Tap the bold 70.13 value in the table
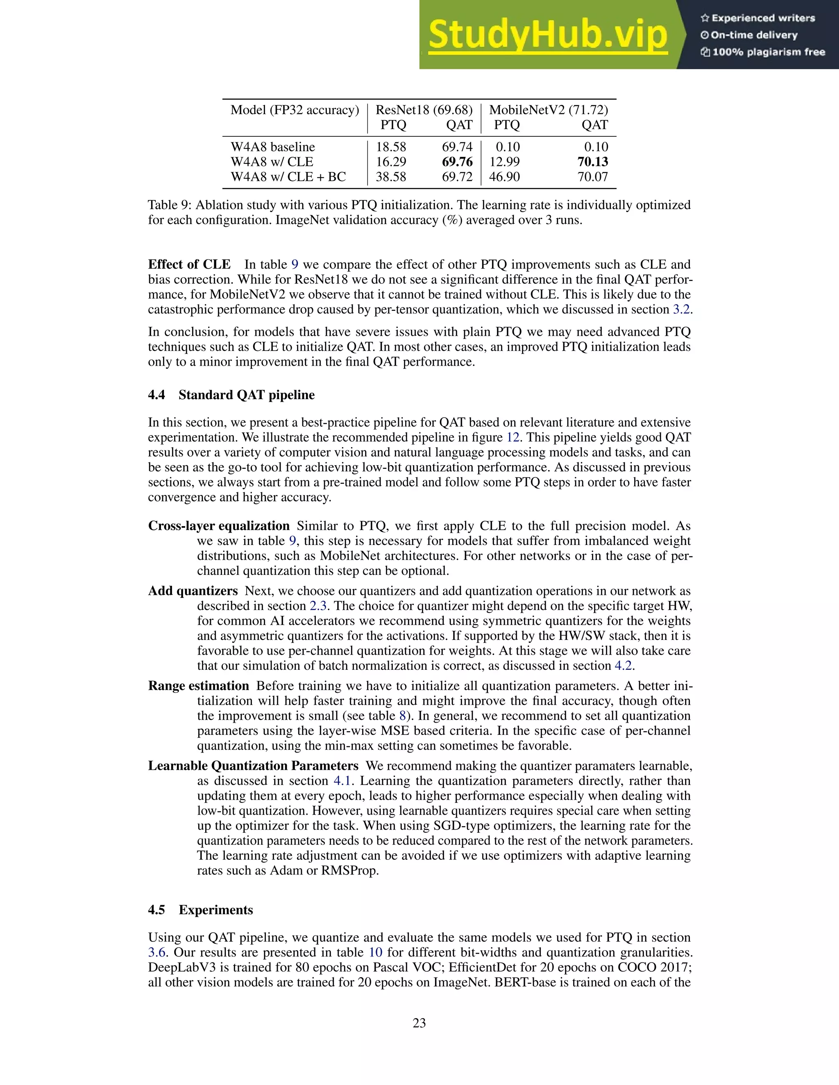[x=592, y=162]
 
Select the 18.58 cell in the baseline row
[x=391, y=147]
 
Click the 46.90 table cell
[x=504, y=177]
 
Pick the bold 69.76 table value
[x=457, y=162]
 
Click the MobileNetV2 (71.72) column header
[x=548, y=110]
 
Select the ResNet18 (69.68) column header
[x=424, y=110]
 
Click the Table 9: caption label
[x=170, y=205]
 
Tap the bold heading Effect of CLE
[x=189, y=264]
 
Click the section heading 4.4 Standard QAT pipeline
[x=231, y=395]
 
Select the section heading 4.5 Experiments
[x=200, y=910]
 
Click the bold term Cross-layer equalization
[x=219, y=526]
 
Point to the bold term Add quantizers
[x=193, y=591]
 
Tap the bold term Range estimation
[x=198, y=686]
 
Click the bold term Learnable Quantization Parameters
[x=253, y=766]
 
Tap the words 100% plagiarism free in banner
[x=769, y=52]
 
